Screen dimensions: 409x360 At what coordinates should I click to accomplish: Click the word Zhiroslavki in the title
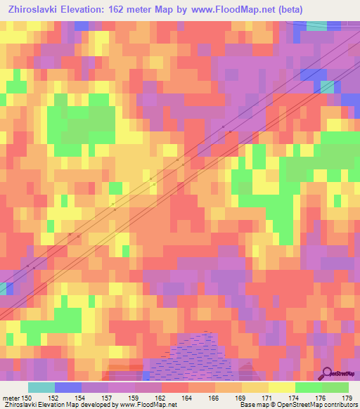click(x=32, y=10)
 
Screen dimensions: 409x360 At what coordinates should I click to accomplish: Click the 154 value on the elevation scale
click(x=82, y=398)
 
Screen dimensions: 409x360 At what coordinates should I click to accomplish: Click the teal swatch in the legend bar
click(x=41, y=387)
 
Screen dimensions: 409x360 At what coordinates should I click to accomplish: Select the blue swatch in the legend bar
click(x=68, y=387)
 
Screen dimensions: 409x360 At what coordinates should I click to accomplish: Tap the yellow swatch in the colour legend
click(x=282, y=387)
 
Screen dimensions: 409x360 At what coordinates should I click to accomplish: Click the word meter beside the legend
click(x=11, y=398)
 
